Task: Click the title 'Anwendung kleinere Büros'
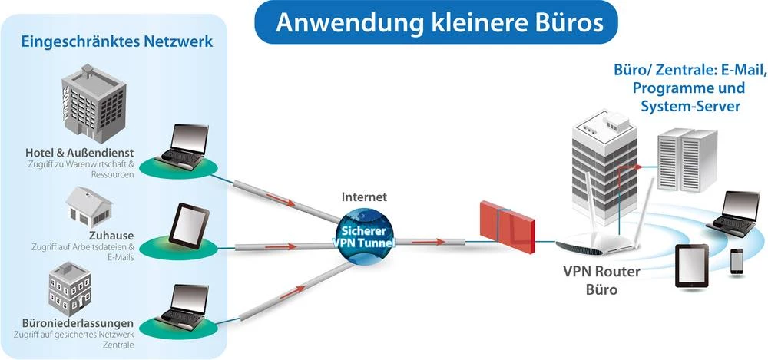tap(439, 22)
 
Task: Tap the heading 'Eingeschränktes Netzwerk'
tap(116, 41)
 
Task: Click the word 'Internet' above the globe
tap(364, 197)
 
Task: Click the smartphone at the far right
tap(737, 261)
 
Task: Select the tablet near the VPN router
tap(691, 266)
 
